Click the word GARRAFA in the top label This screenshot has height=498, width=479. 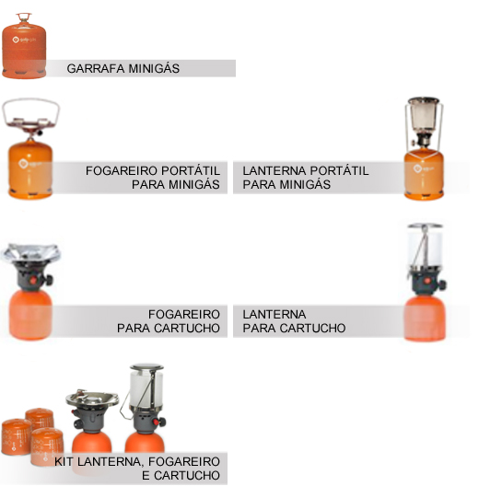91,69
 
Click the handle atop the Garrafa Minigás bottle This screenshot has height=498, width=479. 24,17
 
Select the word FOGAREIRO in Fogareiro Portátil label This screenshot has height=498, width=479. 121,171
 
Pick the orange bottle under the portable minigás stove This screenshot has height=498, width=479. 30,170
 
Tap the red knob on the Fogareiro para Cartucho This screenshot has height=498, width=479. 33,280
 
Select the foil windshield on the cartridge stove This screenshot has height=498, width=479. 30,252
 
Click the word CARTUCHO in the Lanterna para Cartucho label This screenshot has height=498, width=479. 313,328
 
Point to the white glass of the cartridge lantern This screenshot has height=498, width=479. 426,250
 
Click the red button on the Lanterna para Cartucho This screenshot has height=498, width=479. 427,281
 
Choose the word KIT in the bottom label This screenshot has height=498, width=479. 64,462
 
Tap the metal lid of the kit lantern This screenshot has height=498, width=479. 146,368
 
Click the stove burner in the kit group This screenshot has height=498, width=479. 92,399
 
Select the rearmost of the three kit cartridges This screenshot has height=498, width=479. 40,418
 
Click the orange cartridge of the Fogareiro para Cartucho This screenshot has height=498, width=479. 30,315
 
